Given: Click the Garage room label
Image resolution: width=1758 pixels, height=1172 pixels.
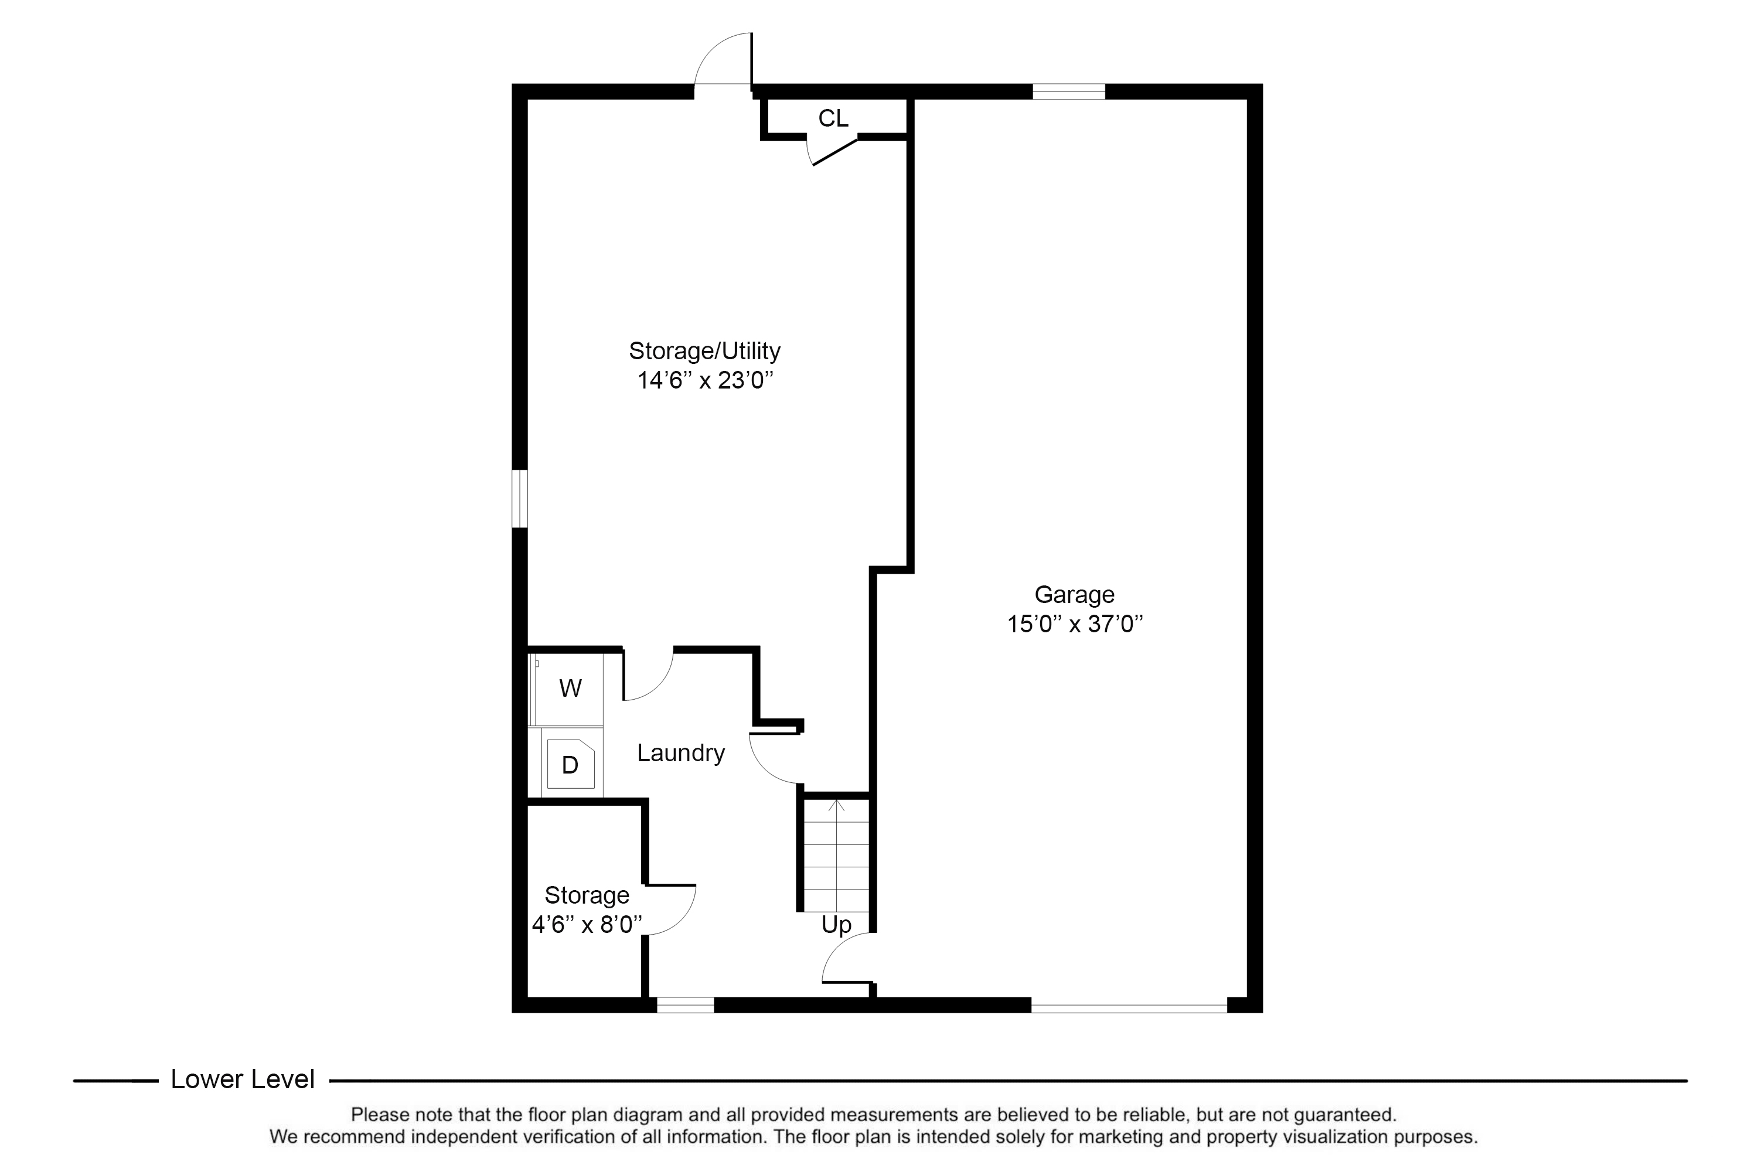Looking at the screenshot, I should (x=1074, y=594).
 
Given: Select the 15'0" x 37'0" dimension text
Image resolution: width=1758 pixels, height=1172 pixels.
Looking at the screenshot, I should (x=1074, y=624).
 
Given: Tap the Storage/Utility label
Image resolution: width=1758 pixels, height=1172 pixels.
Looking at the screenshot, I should (x=704, y=350).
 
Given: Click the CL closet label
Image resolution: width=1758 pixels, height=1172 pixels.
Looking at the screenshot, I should (x=833, y=118).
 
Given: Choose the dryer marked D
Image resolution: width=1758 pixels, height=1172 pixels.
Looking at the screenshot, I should (x=570, y=765).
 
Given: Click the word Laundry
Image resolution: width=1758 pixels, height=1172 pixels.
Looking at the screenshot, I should (x=680, y=752).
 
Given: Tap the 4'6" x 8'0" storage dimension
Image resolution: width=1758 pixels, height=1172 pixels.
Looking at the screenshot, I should (x=587, y=925).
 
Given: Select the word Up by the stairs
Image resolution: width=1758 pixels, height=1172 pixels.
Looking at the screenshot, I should (x=836, y=925).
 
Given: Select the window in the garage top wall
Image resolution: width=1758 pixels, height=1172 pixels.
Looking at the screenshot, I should (x=1068, y=91).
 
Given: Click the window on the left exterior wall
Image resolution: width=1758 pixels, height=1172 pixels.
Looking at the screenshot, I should (x=519, y=499).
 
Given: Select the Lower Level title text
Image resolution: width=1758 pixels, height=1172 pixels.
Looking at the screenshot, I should (x=242, y=1079).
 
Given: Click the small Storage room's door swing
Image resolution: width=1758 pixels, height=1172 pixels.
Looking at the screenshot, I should (x=671, y=909).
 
